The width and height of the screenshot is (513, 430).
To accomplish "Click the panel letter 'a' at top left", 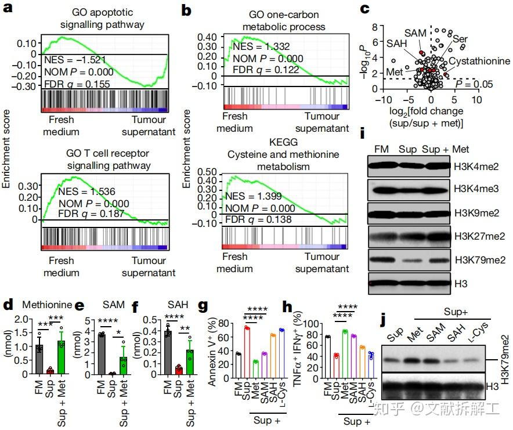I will pyautogui.click(x=8, y=9).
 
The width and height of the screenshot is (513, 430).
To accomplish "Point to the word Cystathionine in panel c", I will pyautogui.click(x=480, y=61).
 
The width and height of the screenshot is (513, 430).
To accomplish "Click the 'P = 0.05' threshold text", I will pyautogui.click(x=474, y=85).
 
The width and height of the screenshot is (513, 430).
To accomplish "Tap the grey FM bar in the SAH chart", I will pyautogui.click(x=168, y=349).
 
